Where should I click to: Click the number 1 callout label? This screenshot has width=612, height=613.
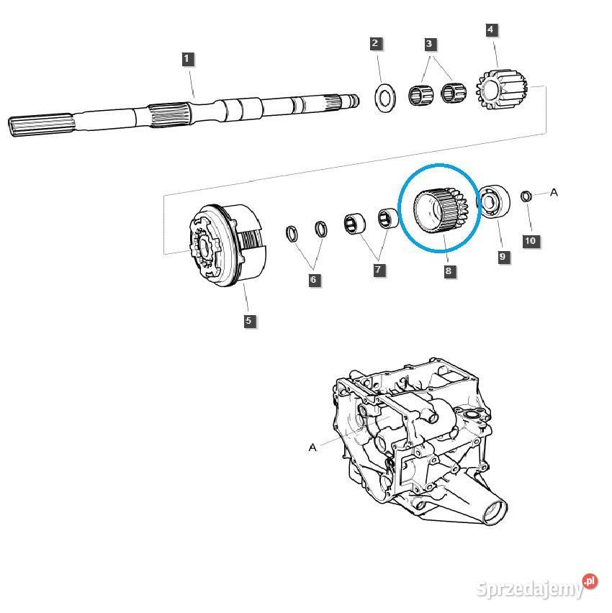pyautogui.click(x=187, y=59)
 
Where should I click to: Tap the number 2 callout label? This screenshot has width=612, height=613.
pyautogui.click(x=375, y=44)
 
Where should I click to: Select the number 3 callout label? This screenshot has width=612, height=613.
pyautogui.click(x=429, y=44)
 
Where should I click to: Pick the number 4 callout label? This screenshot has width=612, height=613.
pyautogui.click(x=491, y=30)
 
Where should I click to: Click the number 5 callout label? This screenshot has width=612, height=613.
pyautogui.click(x=248, y=321)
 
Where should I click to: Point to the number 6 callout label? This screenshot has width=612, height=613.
pyautogui.click(x=315, y=280)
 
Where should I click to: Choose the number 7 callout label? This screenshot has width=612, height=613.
pyautogui.click(x=379, y=271)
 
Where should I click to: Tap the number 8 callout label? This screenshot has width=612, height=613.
pyautogui.click(x=449, y=271)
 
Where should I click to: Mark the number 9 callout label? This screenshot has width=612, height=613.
pyautogui.click(x=502, y=256)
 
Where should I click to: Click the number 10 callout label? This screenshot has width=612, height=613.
pyautogui.click(x=530, y=240)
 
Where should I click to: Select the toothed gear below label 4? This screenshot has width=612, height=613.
pyautogui.click(x=502, y=91)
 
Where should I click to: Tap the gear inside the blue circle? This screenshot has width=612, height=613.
pyautogui.click(x=440, y=209)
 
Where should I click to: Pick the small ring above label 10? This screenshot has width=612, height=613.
pyautogui.click(x=526, y=196)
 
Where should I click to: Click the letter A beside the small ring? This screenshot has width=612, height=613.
pyautogui.click(x=554, y=192)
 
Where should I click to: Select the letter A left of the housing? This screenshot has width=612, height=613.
pyautogui.click(x=312, y=447)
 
